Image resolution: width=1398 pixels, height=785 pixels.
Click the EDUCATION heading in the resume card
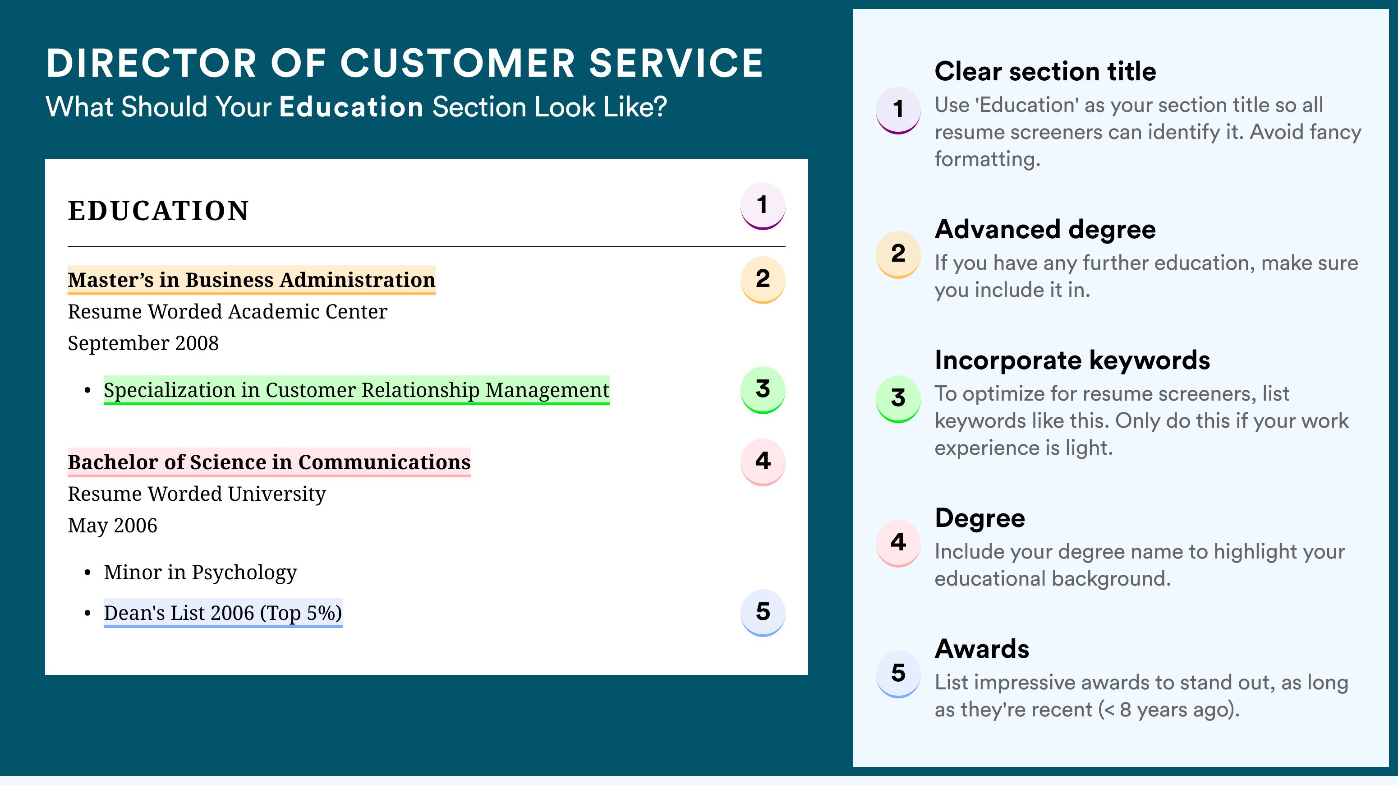(158, 211)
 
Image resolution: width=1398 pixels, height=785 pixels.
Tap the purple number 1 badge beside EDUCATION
(763, 206)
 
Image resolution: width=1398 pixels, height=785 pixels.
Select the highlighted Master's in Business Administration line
(251, 280)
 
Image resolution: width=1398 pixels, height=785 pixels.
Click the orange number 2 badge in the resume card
(763, 280)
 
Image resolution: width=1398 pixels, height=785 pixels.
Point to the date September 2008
(143, 343)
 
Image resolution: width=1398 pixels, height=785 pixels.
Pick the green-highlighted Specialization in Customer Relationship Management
(357, 390)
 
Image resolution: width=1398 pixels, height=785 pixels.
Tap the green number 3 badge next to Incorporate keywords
(898, 398)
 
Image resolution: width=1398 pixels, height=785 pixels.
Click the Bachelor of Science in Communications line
(269, 462)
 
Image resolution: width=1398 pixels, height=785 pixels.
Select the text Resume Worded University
(197, 494)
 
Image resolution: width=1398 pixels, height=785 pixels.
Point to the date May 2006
(112, 526)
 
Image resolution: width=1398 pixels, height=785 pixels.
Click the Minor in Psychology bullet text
(200, 572)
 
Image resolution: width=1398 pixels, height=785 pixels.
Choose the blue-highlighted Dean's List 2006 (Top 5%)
(223, 613)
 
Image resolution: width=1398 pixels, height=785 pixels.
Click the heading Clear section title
(1045, 71)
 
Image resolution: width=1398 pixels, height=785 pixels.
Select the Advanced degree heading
(1045, 230)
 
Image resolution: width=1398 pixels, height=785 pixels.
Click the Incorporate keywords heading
(1072, 360)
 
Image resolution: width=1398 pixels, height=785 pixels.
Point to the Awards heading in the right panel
(982, 649)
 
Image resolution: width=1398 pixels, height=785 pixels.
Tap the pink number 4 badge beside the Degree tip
(898, 543)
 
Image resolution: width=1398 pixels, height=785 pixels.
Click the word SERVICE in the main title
(676, 63)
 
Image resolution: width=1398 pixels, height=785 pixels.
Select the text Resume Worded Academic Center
(227, 312)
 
